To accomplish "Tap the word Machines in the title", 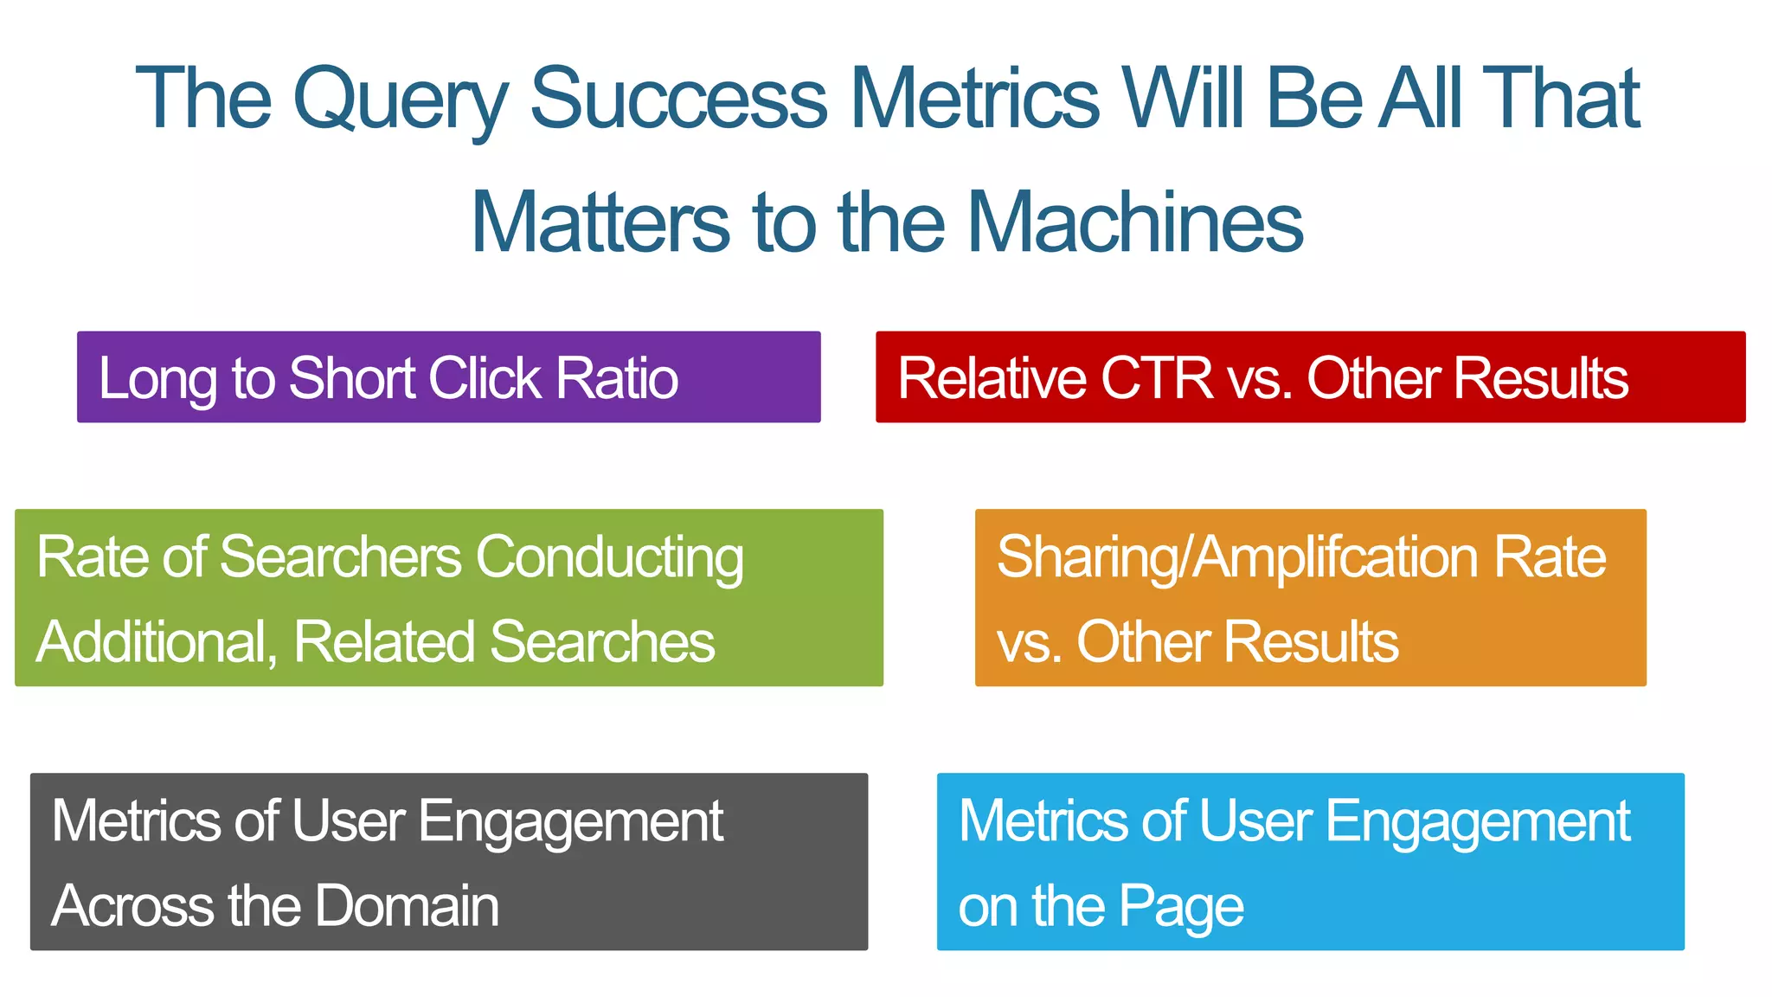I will (x=1134, y=223).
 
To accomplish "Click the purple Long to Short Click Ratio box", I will (x=448, y=377).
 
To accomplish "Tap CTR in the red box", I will (x=1157, y=378).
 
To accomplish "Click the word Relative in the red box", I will (x=992, y=378).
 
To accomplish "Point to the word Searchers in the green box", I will (x=341, y=556).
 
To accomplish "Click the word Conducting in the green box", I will (x=609, y=556).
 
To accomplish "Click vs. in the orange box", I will (x=1030, y=641).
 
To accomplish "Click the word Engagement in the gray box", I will (x=571, y=820).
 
